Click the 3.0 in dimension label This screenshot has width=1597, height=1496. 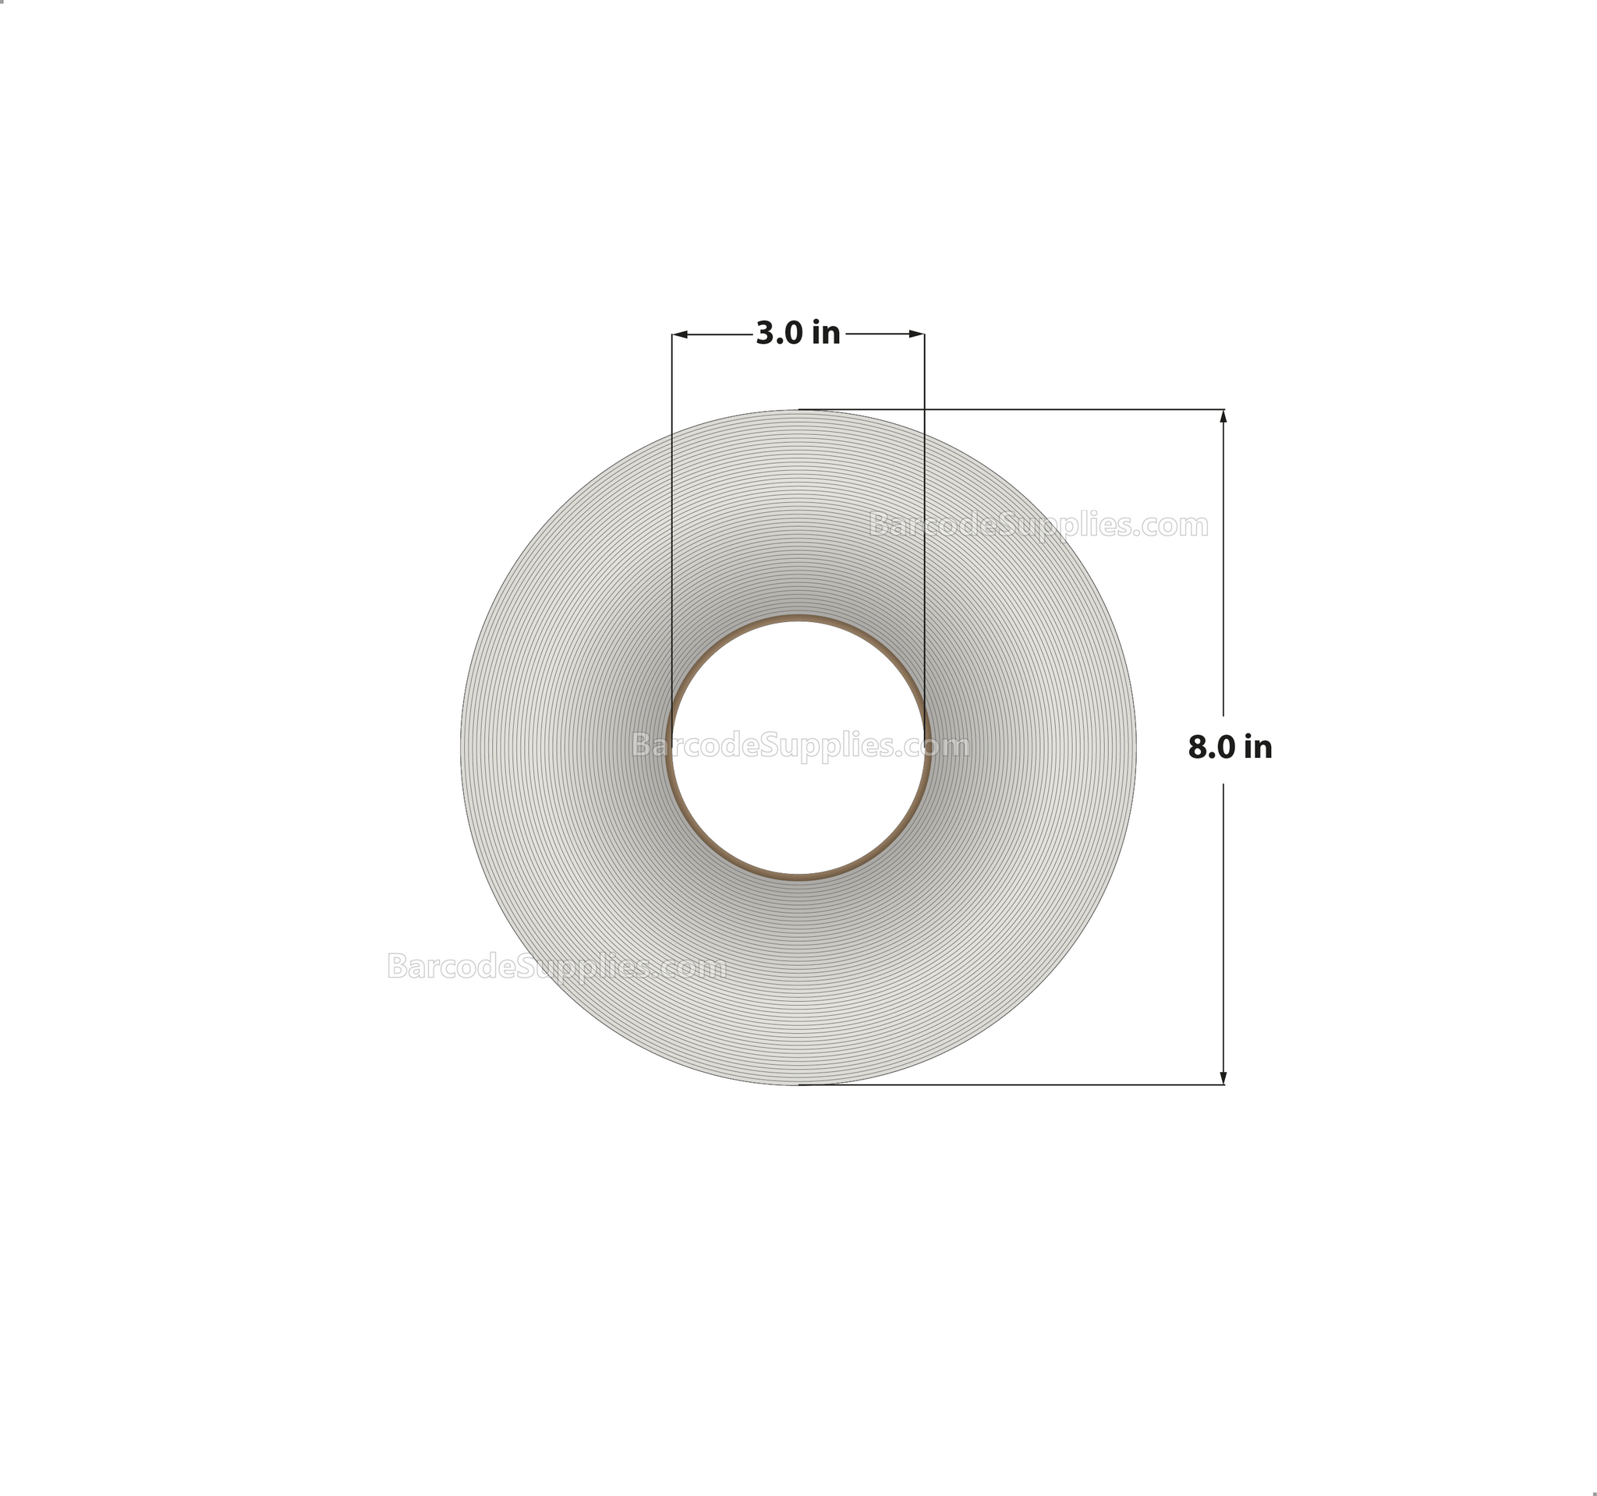point(798,333)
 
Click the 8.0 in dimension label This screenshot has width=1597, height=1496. point(1230,748)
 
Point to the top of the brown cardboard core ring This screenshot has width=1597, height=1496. point(798,619)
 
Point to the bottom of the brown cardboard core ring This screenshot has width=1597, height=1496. point(798,877)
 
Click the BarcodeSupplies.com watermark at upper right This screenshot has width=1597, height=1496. point(1039,525)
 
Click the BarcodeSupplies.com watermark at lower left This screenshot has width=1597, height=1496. point(557,966)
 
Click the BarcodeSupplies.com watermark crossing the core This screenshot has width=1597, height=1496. point(800,746)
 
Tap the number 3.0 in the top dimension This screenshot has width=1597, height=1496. point(776,333)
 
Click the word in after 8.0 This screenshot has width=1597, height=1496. point(1258,748)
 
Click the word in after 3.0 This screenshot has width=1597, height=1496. point(826,333)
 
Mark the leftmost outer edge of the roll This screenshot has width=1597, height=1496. point(461,747)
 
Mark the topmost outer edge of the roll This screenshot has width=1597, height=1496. point(798,410)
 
